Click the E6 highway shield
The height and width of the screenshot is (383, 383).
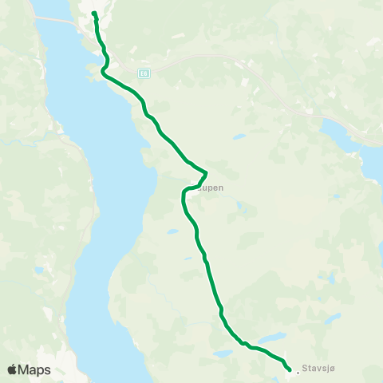pos(143,73)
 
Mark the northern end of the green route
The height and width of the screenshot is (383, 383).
pos(94,14)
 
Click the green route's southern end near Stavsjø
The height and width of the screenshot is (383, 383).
pos(289,369)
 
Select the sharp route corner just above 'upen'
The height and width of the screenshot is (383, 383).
pos(206,172)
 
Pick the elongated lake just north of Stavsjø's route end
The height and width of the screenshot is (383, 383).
pos(271,338)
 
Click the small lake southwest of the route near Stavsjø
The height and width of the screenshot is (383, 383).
pos(223,353)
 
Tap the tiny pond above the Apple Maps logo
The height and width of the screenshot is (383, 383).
pos(38,270)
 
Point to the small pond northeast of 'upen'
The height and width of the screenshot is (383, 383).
pos(239,136)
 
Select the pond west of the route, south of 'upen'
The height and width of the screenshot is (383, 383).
pos(172,231)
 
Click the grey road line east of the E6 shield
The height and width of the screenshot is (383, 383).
pos(207,58)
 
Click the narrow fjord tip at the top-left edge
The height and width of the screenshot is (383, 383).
pos(44,8)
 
